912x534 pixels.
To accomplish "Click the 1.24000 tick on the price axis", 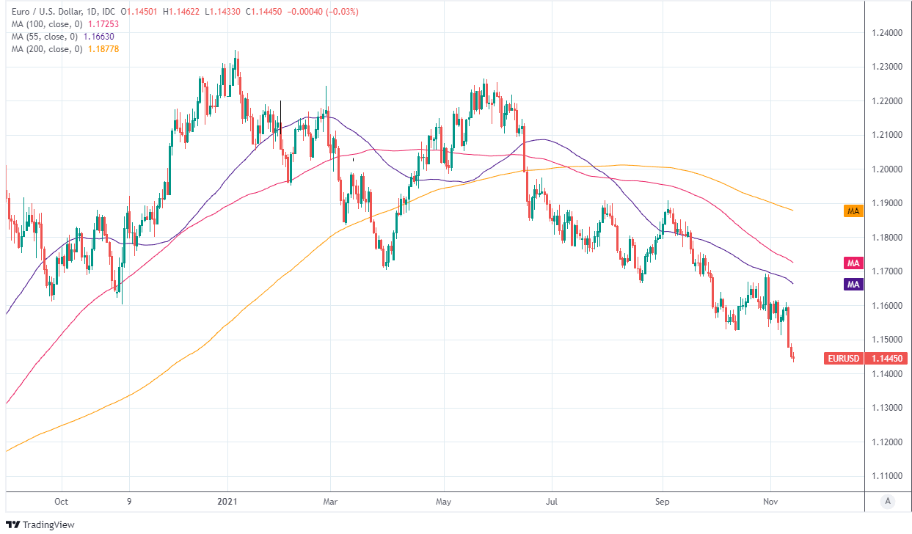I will (887, 32).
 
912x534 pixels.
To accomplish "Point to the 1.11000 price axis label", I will (887, 476).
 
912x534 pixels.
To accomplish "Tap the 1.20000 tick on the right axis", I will (887, 169).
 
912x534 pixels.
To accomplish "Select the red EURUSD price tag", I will (845, 359).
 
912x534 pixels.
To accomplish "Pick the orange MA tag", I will (853, 211).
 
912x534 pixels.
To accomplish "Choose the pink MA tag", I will (853, 263).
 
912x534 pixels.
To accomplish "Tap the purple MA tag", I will (853, 284).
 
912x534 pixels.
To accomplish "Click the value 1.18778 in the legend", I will (103, 48).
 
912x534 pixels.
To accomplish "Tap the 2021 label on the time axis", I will (227, 502).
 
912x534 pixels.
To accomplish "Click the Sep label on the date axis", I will (663, 502).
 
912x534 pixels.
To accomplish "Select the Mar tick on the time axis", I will (330, 502).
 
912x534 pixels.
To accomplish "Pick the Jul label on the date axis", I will (551, 502).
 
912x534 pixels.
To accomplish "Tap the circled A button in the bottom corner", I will (888, 502).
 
